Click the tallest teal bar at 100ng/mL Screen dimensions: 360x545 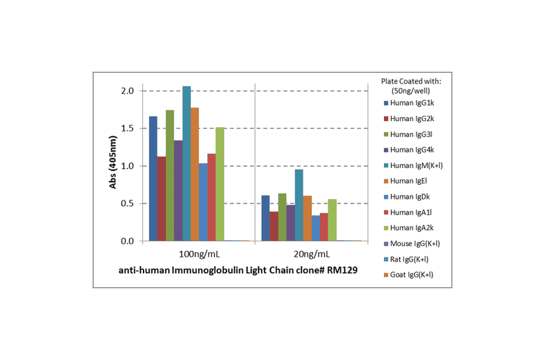187,164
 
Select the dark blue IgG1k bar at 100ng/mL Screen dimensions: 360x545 153,179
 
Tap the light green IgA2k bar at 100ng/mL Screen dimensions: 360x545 219,184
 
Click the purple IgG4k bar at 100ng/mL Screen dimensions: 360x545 178,191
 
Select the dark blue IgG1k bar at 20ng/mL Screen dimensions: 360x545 265,218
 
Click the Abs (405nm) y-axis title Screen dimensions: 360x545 113,165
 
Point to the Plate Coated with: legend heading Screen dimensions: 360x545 411,81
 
